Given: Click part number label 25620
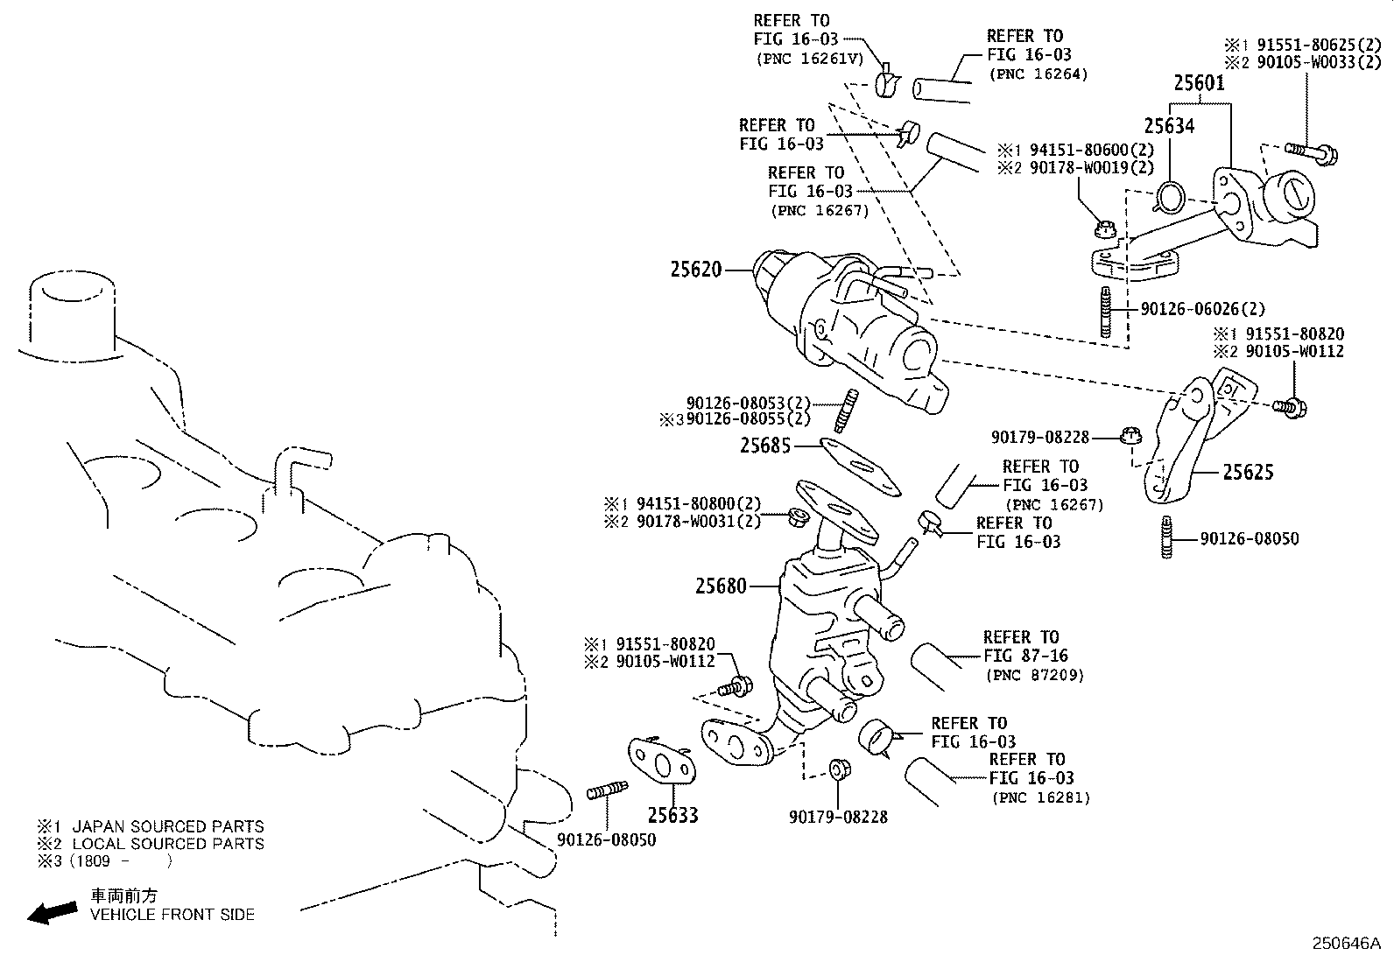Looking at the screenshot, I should [696, 270].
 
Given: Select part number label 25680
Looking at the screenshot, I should [721, 586].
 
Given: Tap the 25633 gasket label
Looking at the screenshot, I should [672, 815].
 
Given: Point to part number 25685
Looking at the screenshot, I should [764, 446].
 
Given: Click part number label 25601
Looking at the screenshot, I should [1199, 83].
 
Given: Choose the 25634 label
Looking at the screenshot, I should [1169, 126].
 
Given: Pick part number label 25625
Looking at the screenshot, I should [1248, 473].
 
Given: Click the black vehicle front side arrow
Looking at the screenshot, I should [52, 912].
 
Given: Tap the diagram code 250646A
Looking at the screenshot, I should [1345, 944].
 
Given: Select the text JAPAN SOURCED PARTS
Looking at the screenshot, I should [167, 826].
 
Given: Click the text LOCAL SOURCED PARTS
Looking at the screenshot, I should [167, 844].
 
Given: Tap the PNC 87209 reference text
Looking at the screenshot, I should [1034, 675].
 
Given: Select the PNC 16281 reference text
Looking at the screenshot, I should [1041, 797].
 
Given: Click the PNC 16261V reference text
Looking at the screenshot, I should [808, 59].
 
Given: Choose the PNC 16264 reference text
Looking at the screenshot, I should [1038, 74].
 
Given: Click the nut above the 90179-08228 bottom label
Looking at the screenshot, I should [837, 769].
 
